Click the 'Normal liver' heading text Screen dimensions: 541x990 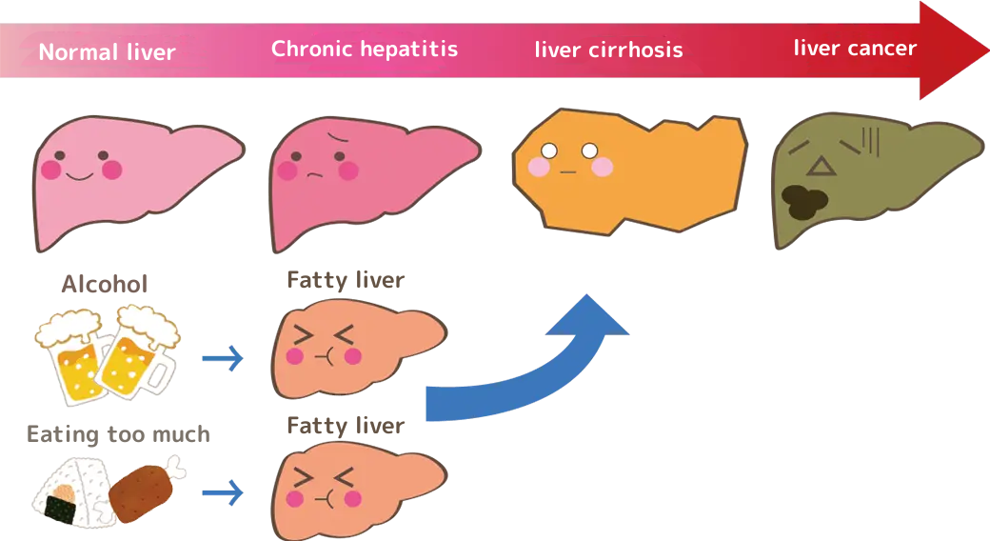click(x=107, y=51)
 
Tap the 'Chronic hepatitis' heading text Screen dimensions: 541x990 click(x=365, y=49)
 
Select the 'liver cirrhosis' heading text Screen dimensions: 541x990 click(x=608, y=50)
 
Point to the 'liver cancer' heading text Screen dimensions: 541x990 click(x=855, y=48)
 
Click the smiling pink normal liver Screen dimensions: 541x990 click(x=133, y=181)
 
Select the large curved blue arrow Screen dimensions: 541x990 click(x=533, y=371)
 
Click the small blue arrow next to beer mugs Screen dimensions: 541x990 click(x=223, y=359)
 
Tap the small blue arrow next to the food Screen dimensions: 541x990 click(x=223, y=492)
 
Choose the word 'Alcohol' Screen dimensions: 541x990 click(x=105, y=284)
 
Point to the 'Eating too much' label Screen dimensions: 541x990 click(x=118, y=435)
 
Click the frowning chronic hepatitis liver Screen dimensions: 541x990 click(x=371, y=181)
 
